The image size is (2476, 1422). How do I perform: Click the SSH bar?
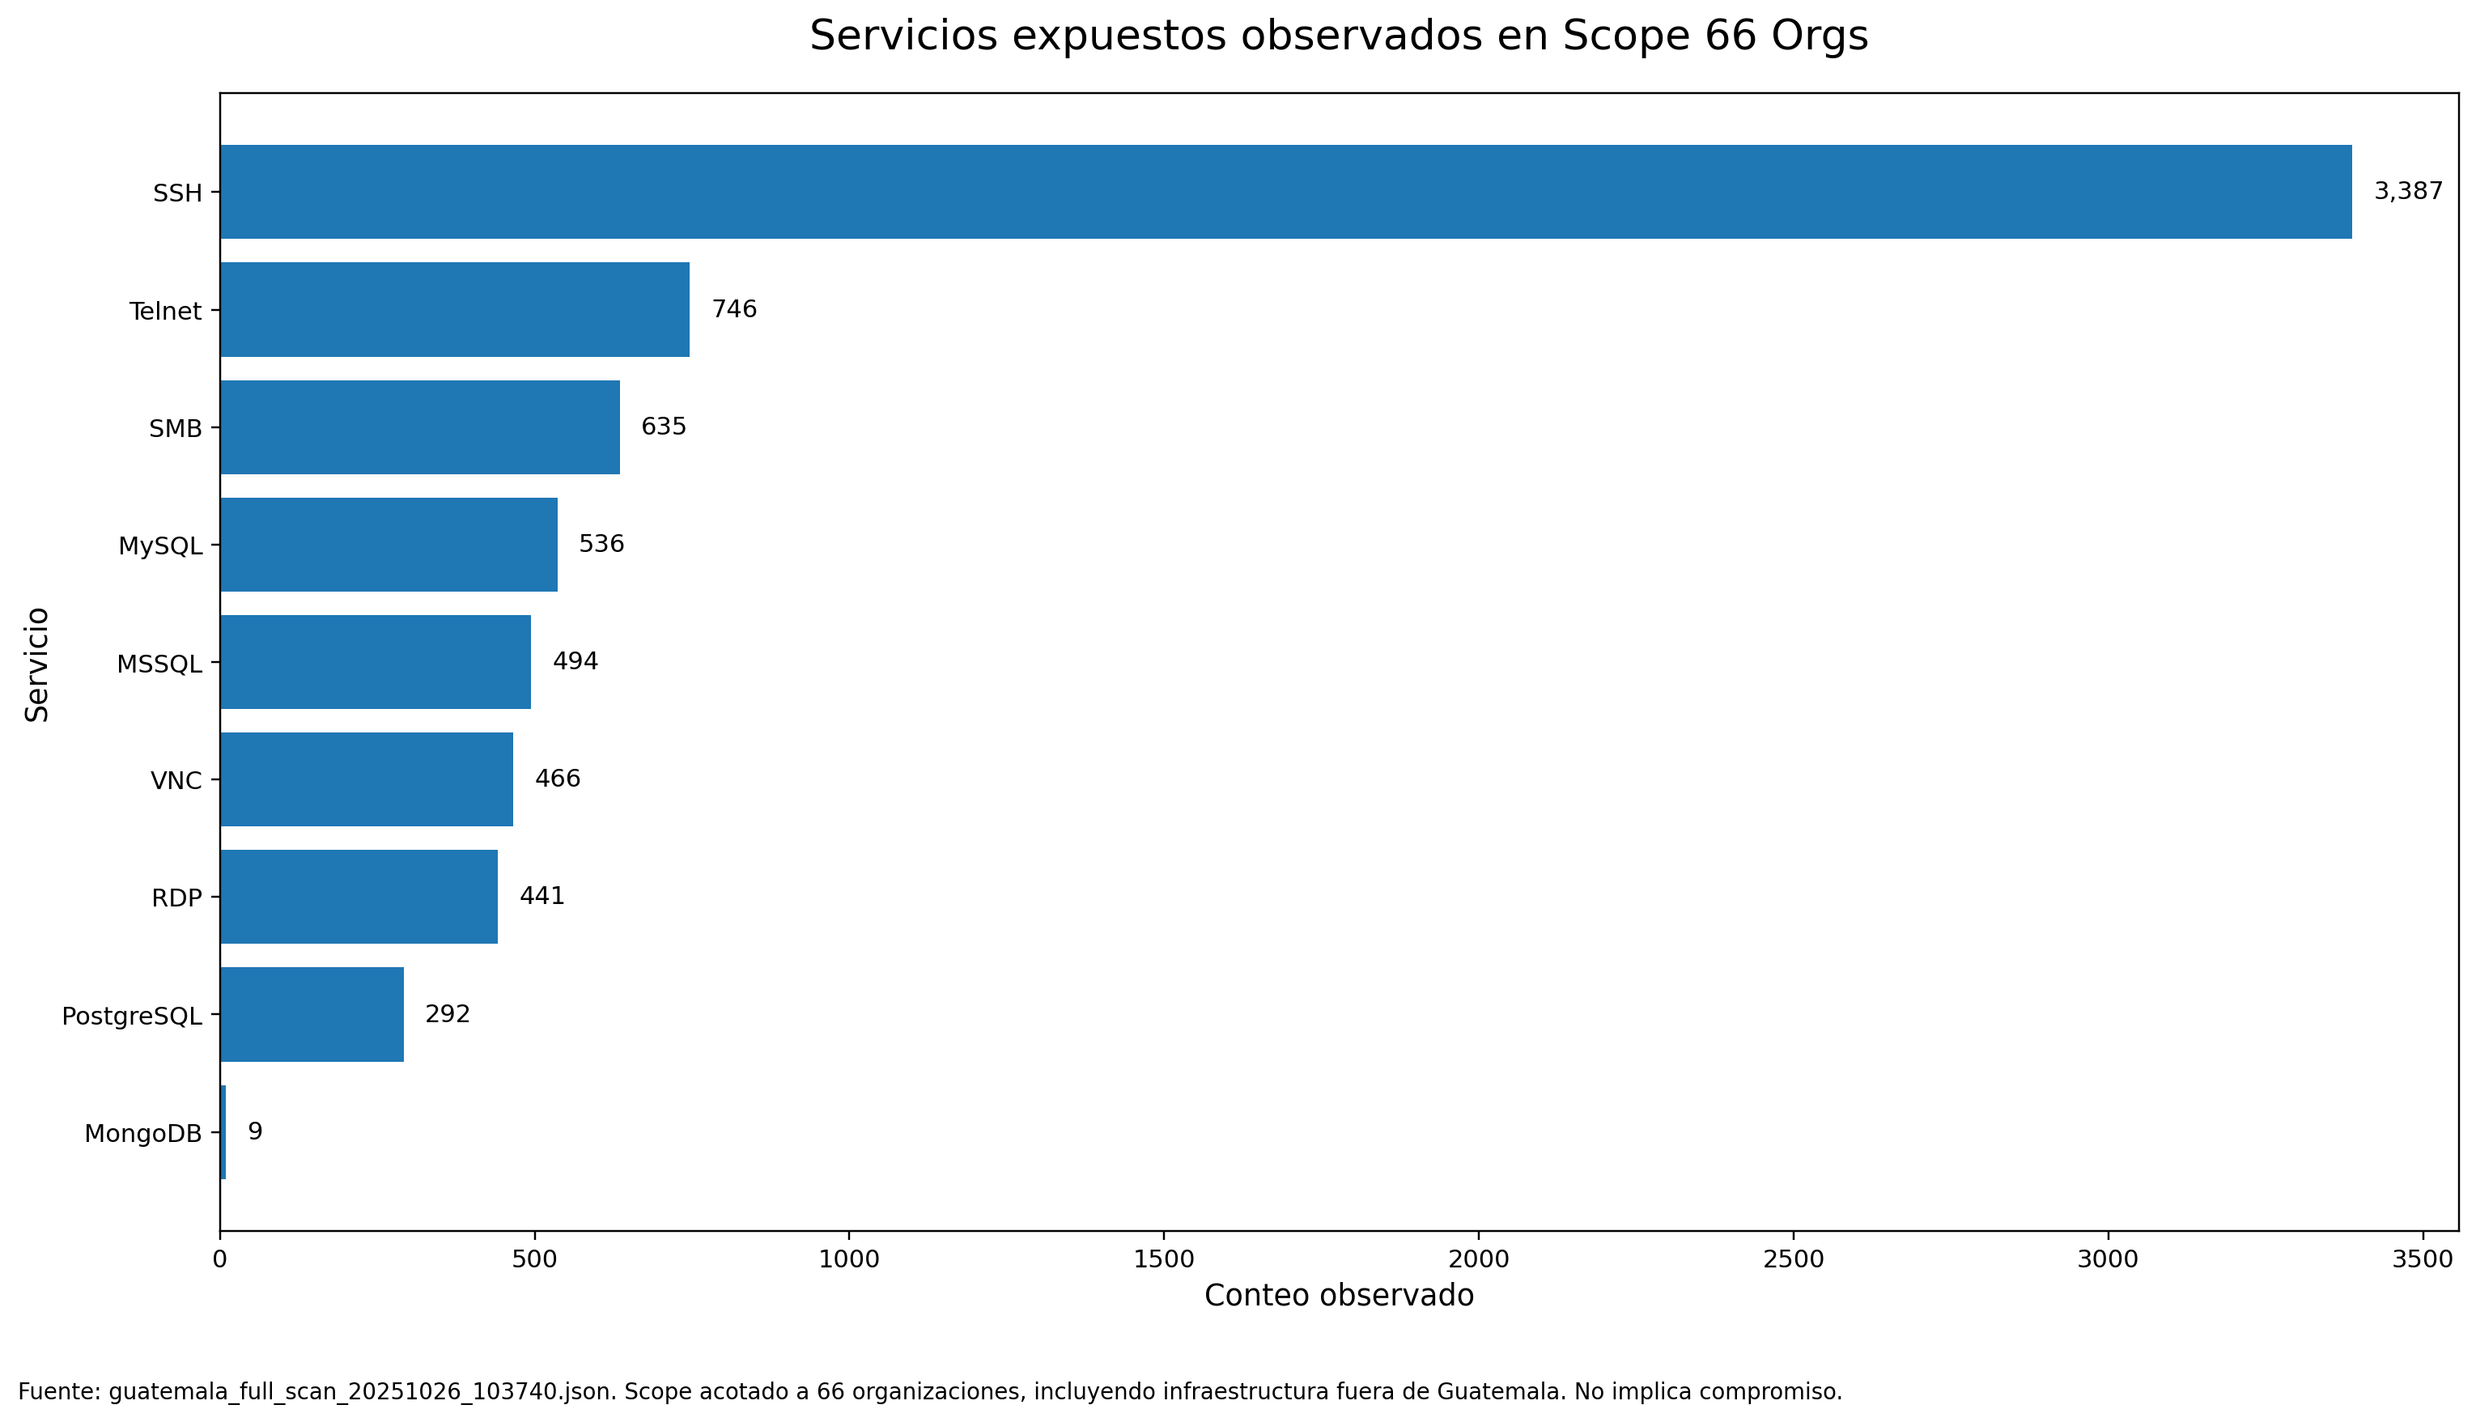coord(1285,192)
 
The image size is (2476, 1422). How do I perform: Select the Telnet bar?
coord(454,310)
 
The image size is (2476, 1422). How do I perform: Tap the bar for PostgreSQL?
coord(312,1015)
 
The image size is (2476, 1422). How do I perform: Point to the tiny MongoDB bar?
coord(223,1132)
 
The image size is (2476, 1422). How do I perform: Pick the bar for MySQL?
coord(389,544)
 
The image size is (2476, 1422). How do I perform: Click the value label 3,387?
coord(2408,192)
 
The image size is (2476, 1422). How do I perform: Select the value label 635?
coord(663,427)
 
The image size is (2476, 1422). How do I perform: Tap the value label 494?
coord(575,661)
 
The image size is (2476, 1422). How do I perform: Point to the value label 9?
coord(255,1132)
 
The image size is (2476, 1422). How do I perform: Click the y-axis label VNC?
coord(176,780)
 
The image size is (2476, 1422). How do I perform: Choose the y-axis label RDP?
coord(176,898)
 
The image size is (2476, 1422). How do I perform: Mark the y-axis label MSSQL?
coord(159,664)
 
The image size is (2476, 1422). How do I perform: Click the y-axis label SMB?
coord(175,429)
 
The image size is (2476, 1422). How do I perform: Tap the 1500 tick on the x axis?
coord(1164,1259)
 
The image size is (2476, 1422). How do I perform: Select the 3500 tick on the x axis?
coord(2423,1259)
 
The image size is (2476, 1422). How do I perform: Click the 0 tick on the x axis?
coord(220,1259)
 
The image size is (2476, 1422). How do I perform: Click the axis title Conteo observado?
coord(1338,1296)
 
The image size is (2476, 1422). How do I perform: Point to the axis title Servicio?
coord(37,664)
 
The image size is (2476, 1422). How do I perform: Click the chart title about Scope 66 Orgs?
coord(1338,36)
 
